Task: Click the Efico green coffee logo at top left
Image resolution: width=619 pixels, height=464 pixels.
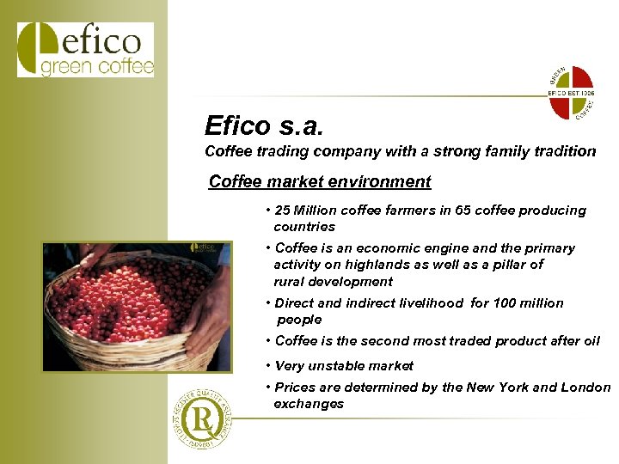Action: click(85, 51)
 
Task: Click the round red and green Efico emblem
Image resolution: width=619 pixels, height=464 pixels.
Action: click(571, 93)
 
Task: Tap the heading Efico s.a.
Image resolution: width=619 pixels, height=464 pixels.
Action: click(265, 126)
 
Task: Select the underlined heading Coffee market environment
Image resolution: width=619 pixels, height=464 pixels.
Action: click(320, 182)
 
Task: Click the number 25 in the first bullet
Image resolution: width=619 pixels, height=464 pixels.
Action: click(283, 211)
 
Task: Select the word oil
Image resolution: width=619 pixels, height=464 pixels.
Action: click(591, 341)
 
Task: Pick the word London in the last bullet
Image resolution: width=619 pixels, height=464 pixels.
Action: click(586, 388)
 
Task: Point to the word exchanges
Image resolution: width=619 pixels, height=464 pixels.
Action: click(309, 404)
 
